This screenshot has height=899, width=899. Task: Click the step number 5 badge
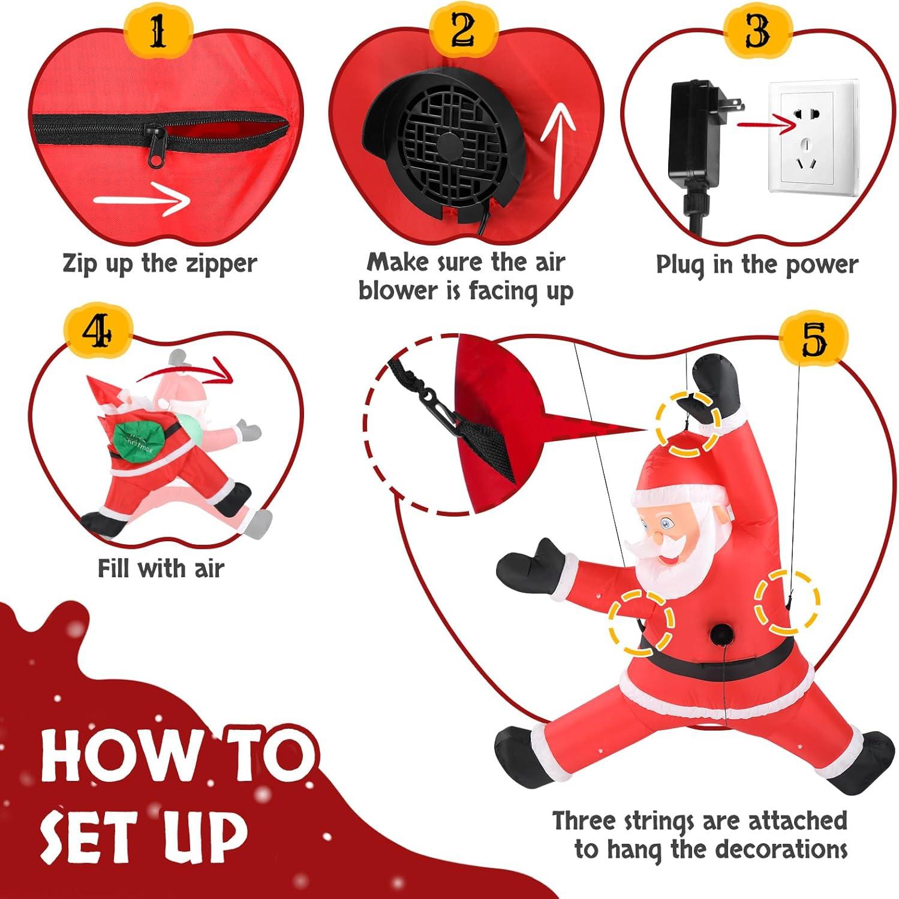point(813,339)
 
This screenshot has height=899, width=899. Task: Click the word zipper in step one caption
point(219,264)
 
